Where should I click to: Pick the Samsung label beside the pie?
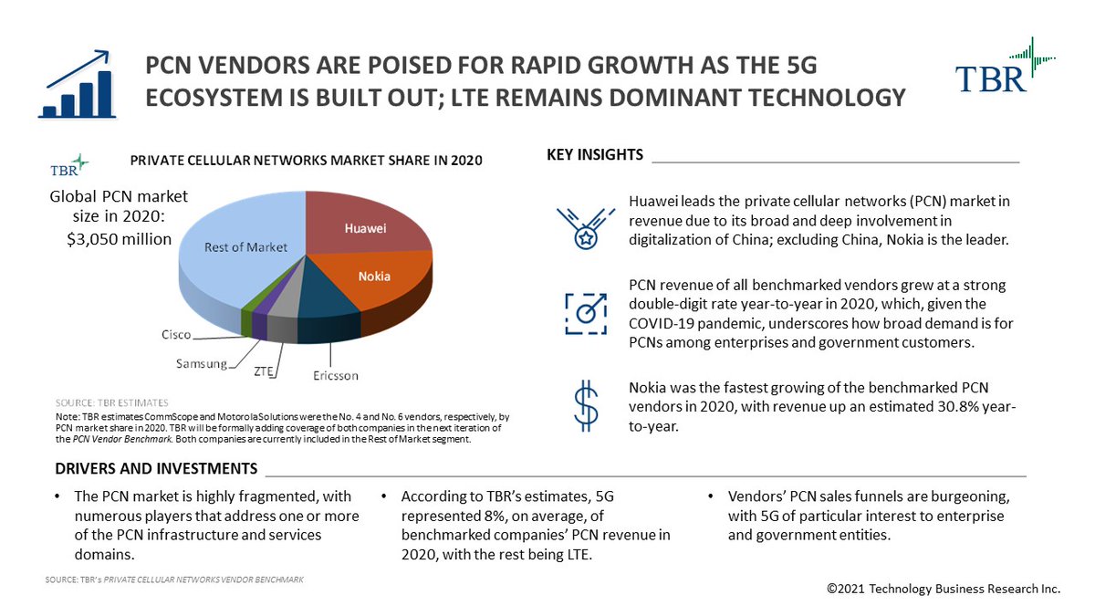click(x=201, y=364)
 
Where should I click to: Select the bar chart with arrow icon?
click(x=77, y=84)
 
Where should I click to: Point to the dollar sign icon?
click(x=584, y=405)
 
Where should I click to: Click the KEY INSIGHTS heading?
click(x=595, y=154)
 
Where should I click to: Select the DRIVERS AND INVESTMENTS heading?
click(x=155, y=469)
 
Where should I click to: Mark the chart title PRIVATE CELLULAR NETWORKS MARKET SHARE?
click(x=306, y=161)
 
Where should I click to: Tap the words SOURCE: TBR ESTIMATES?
click(x=112, y=402)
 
